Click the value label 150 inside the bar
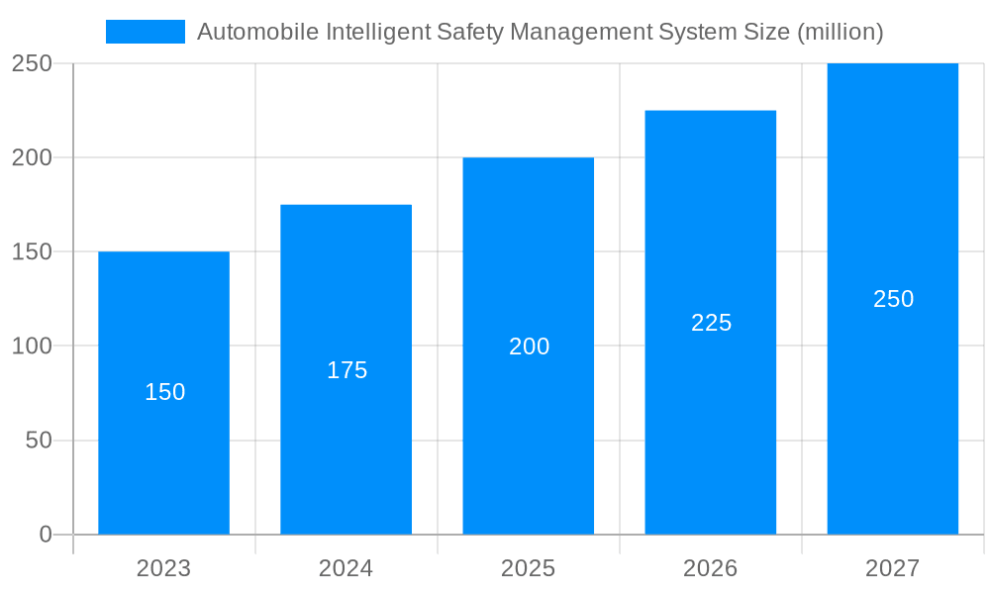point(164,392)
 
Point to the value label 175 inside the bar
point(346,370)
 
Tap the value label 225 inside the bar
point(711,323)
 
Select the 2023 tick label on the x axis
point(164,568)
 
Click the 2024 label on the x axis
point(346,568)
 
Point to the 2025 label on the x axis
point(529,568)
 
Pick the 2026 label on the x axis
point(711,568)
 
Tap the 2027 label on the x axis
point(893,568)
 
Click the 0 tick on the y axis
point(46,535)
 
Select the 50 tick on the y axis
point(40,441)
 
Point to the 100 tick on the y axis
point(33,346)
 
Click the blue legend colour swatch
point(146,32)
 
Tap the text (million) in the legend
point(841,32)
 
